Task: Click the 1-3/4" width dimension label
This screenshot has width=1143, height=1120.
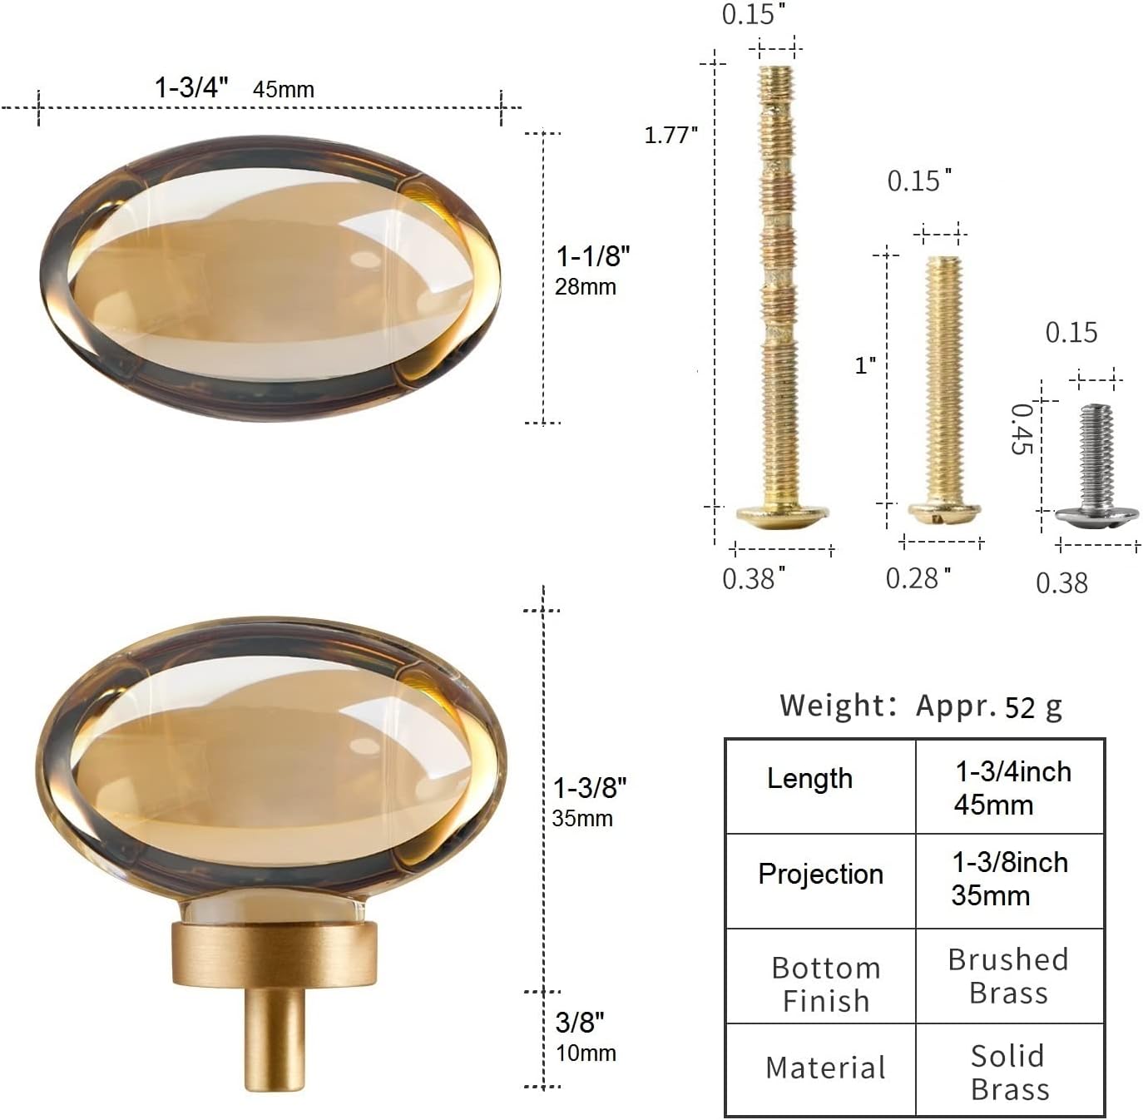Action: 191,87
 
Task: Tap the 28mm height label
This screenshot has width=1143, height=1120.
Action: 586,287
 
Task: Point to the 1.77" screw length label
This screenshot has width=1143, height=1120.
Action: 670,135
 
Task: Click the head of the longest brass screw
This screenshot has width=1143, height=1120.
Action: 783,516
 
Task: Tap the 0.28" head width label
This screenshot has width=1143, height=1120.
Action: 918,577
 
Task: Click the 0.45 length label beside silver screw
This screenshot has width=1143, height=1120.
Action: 1022,429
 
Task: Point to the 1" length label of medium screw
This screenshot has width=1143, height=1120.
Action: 865,365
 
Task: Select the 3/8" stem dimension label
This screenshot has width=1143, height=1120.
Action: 580,1021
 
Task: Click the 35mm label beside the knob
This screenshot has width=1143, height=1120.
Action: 582,819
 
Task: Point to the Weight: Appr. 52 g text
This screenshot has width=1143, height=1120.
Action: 921,706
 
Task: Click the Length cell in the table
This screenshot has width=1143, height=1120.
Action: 809,779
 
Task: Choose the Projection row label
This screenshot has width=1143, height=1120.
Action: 820,875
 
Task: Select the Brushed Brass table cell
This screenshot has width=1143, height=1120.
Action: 1008,976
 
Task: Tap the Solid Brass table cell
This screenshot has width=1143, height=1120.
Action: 1009,1073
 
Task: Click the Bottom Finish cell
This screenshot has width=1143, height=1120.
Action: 825,984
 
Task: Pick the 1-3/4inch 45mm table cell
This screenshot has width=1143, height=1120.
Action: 1012,788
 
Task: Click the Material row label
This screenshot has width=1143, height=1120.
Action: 825,1068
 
